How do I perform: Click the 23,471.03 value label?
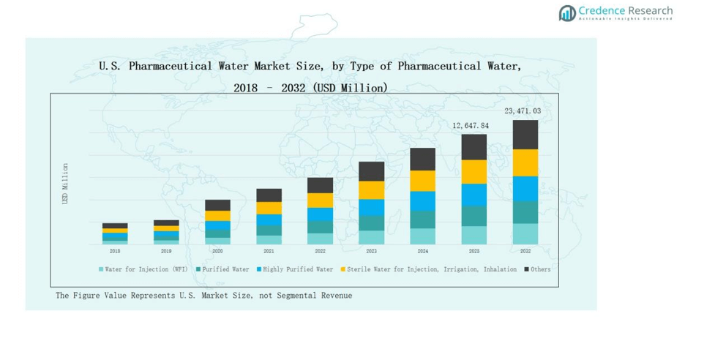pyautogui.click(x=523, y=111)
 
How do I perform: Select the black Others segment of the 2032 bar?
pyautogui.click(x=525, y=135)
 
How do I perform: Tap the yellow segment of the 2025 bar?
pyautogui.click(x=473, y=171)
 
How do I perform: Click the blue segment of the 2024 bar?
pyautogui.click(x=422, y=200)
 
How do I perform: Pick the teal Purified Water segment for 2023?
pyautogui.click(x=371, y=222)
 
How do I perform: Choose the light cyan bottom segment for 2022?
pyautogui.click(x=320, y=239)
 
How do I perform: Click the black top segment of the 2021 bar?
pyautogui.click(x=269, y=195)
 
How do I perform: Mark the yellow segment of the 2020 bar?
pyautogui.click(x=217, y=216)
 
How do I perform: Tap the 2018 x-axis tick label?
pyautogui.click(x=115, y=251)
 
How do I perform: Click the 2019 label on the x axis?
pyautogui.click(x=166, y=251)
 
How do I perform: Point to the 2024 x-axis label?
pyautogui.click(x=422, y=251)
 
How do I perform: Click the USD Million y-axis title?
pyautogui.click(x=65, y=183)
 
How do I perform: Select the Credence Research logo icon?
pyautogui.click(x=567, y=12)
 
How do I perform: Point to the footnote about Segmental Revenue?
pyautogui.click(x=203, y=296)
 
